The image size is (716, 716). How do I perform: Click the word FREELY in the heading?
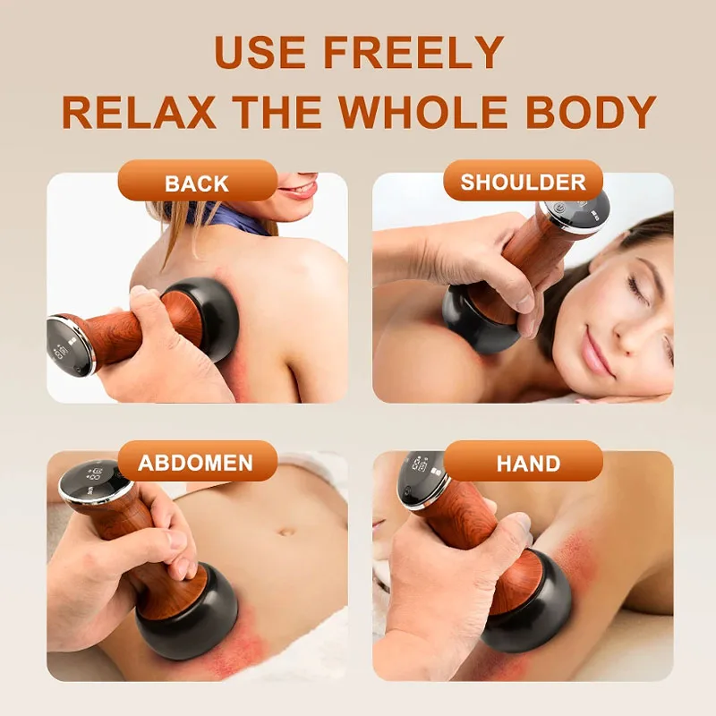click(x=413, y=52)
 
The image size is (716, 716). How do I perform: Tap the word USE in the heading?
click(x=260, y=52)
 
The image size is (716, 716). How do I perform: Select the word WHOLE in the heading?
click(x=422, y=113)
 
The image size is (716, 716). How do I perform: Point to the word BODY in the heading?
click(x=591, y=113)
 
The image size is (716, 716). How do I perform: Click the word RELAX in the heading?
click(x=139, y=113)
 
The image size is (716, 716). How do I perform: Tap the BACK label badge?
click(x=197, y=181)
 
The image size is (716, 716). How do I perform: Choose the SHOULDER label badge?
click(x=523, y=181)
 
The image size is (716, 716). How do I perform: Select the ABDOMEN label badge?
click(x=197, y=461)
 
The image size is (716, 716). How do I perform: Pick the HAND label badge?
click(x=523, y=461)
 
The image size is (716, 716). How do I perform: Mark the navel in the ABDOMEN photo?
click(x=286, y=532)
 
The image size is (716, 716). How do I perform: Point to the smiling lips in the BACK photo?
click(x=301, y=188)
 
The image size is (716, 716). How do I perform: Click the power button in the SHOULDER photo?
click(x=558, y=209)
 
